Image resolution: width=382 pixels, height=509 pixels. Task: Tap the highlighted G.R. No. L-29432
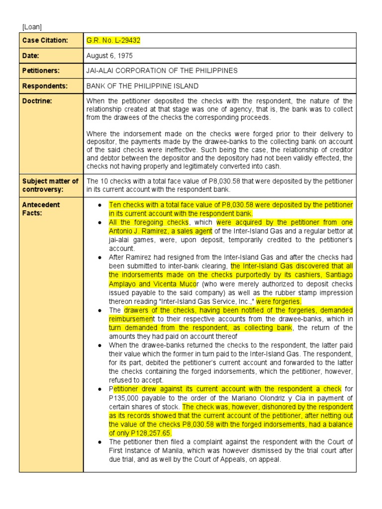(110, 40)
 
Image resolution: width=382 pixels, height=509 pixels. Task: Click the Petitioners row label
(41, 71)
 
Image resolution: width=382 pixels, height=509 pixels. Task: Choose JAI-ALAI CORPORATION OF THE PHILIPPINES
(162, 71)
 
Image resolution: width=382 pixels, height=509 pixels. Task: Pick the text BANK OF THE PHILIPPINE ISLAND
(142, 86)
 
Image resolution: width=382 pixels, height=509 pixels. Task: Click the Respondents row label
(44, 86)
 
